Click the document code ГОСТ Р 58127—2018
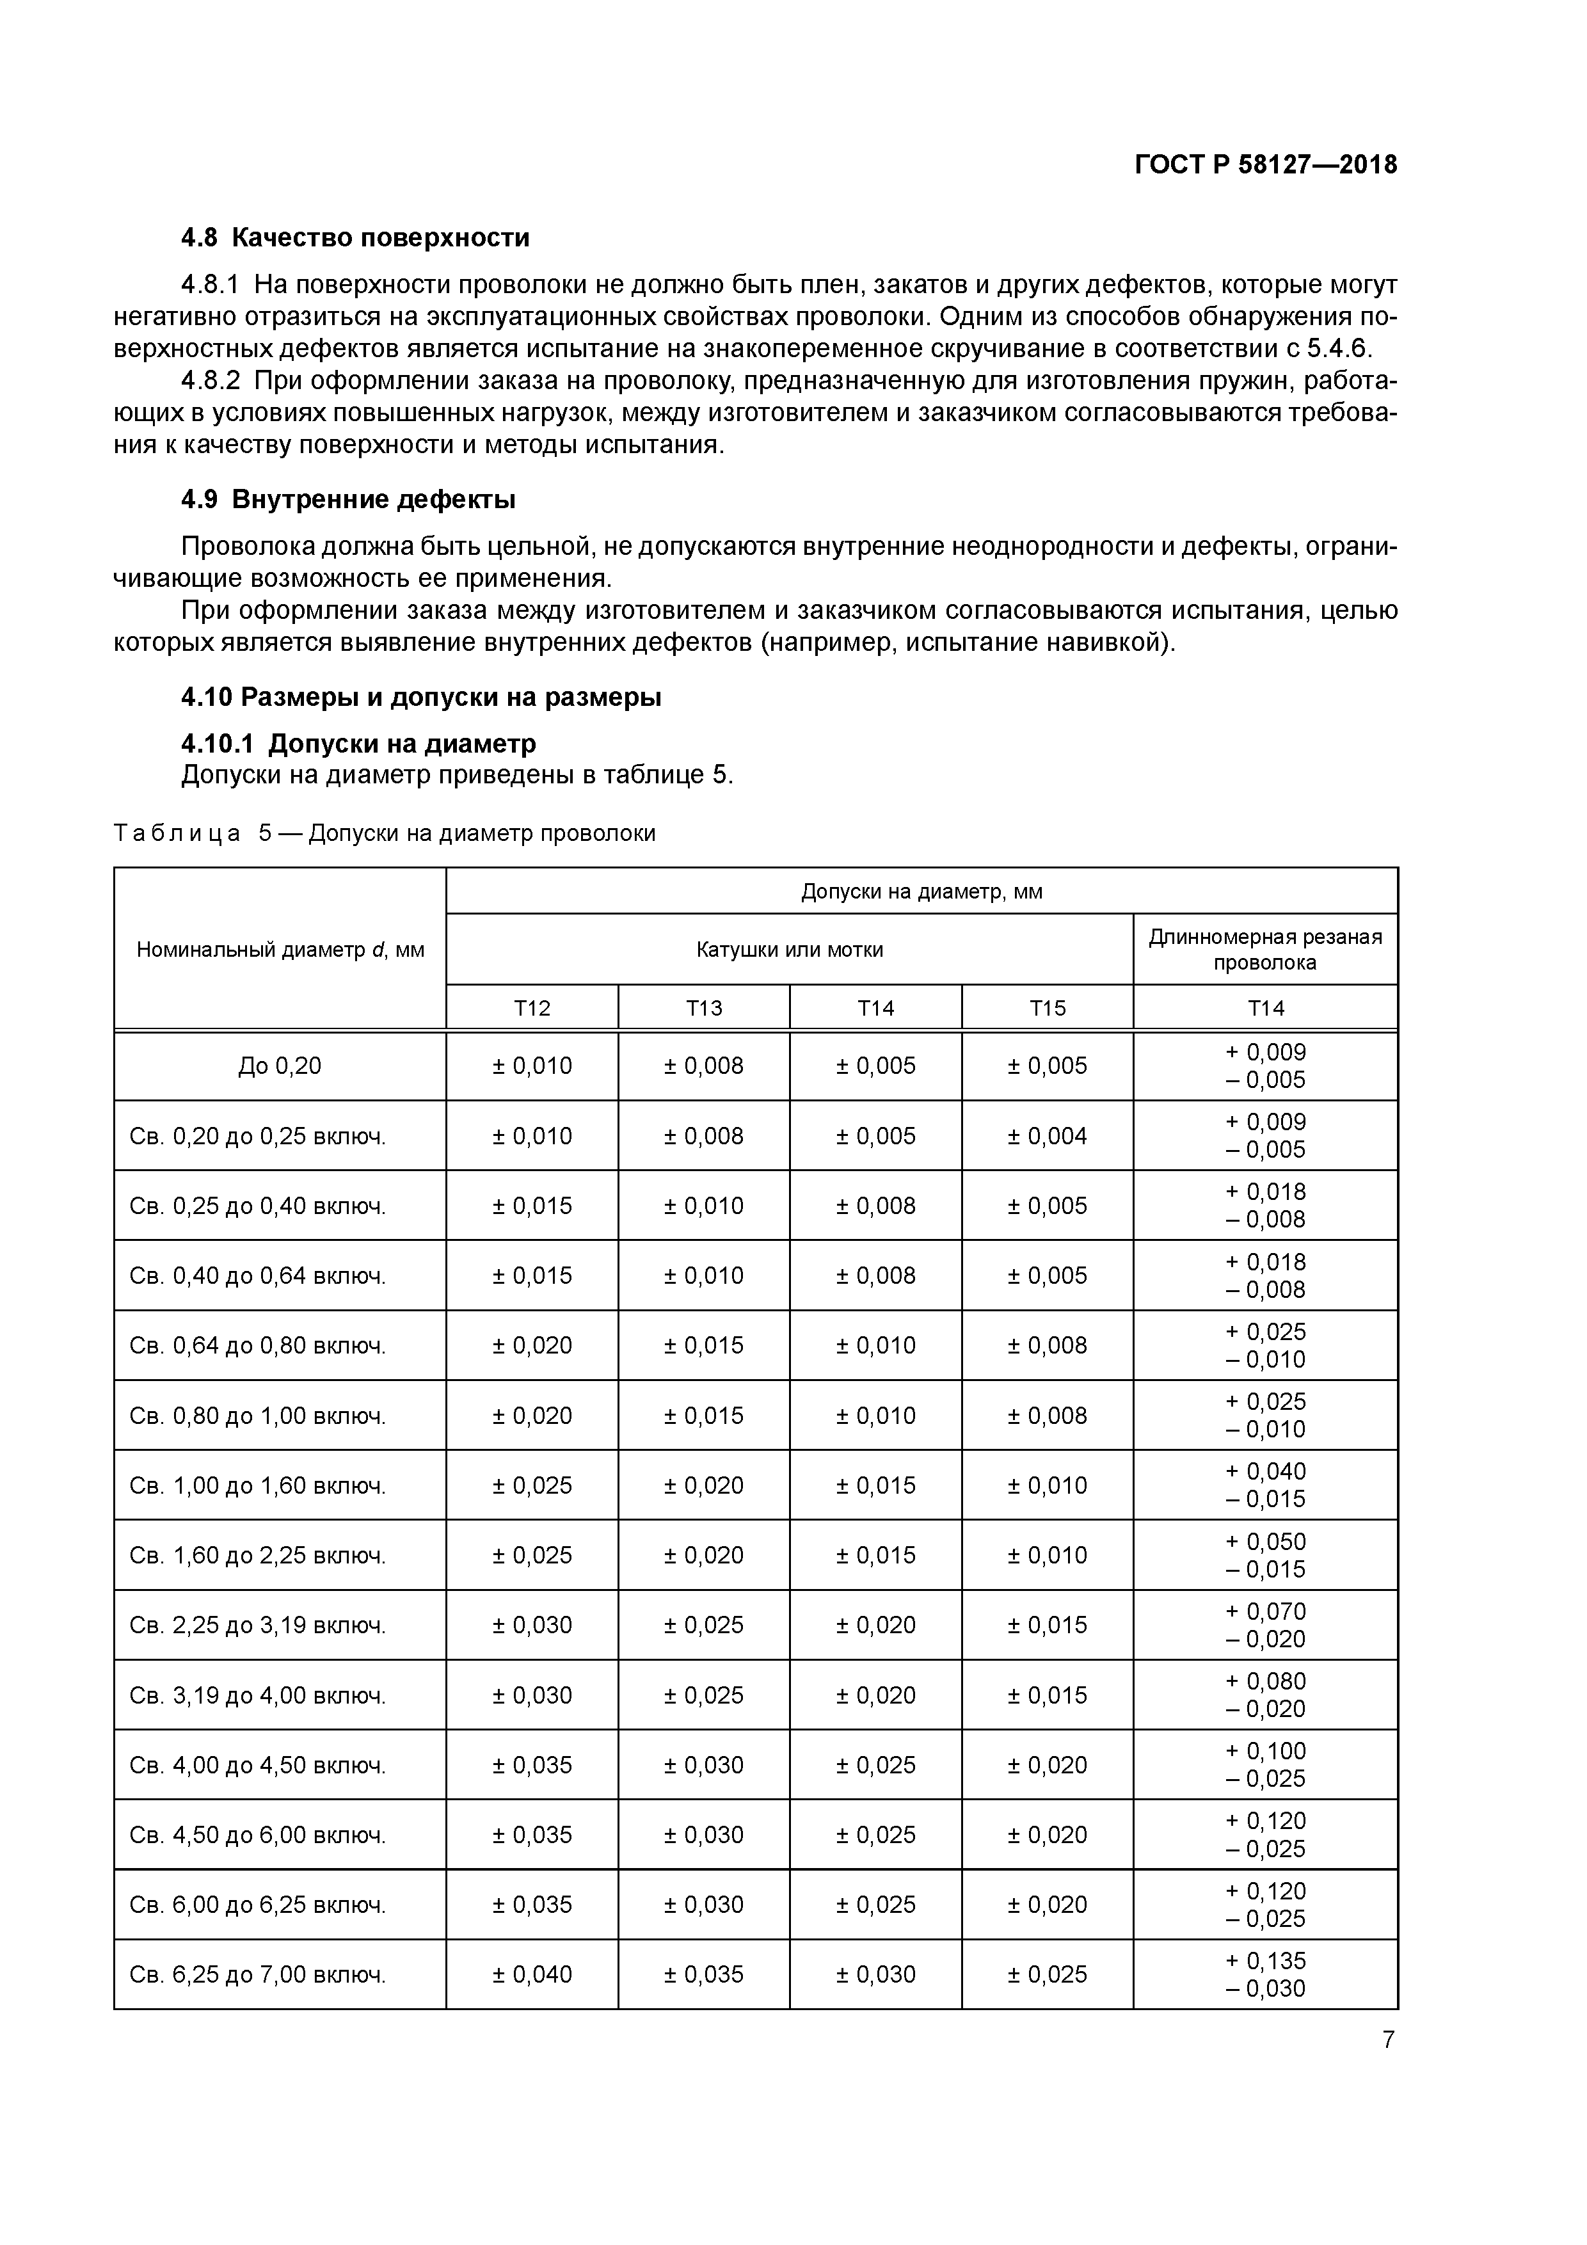[1265, 164]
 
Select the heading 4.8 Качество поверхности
[355, 237]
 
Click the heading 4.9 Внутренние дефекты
[348, 500]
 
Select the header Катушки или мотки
[789, 950]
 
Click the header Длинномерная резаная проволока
[1264, 950]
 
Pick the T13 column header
[703, 1008]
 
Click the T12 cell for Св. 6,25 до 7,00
[532, 1974]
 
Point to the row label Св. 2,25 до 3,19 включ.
[258, 1625]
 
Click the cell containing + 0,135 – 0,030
[1264, 1974]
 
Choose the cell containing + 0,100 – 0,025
[1264, 1765]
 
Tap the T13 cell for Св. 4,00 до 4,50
[703, 1765]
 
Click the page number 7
[1387, 2040]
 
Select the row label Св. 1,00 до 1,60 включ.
[258, 1485]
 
